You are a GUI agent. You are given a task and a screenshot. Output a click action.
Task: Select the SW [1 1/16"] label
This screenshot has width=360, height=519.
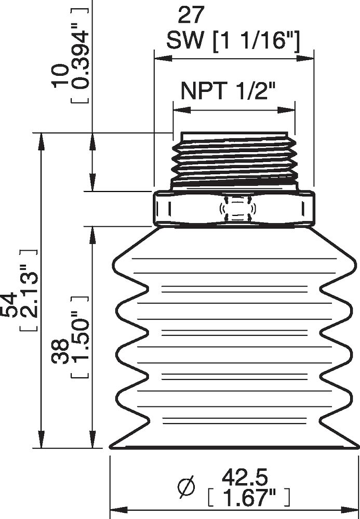click(x=233, y=40)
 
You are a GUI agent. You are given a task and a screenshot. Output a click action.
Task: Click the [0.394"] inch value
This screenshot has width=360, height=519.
click(x=79, y=52)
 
